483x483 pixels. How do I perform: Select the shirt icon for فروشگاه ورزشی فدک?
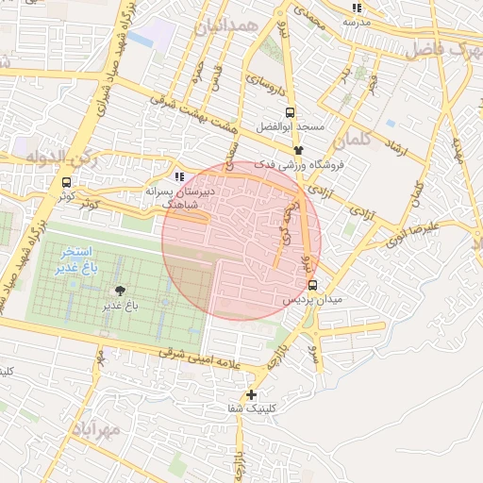(x=298, y=150)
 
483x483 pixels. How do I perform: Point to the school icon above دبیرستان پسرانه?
(x=178, y=176)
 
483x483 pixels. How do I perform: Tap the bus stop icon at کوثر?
(x=66, y=182)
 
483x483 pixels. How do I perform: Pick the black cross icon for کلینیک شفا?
(x=251, y=394)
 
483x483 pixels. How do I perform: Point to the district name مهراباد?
(x=95, y=431)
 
